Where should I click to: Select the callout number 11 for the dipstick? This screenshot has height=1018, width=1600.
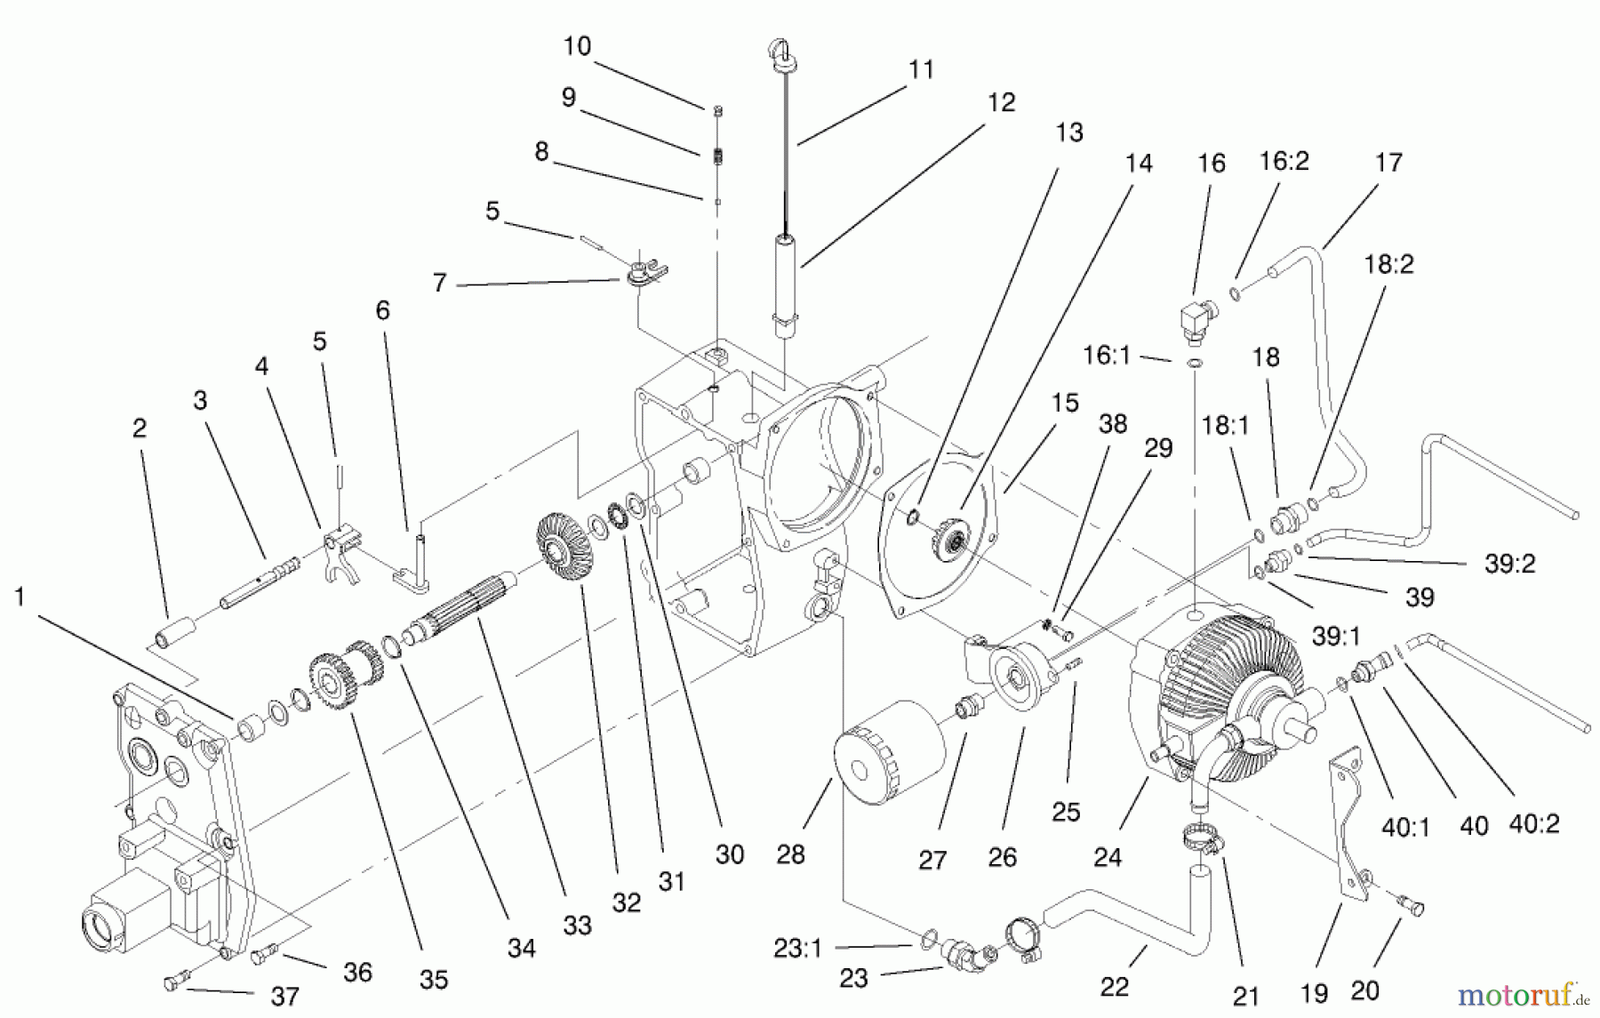point(921,69)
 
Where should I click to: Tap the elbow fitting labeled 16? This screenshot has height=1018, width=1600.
point(1196,321)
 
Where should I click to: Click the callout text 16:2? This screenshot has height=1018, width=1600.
point(1284,162)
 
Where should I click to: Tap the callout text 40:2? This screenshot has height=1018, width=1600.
point(1533,824)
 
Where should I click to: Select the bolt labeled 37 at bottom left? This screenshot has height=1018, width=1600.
point(173,982)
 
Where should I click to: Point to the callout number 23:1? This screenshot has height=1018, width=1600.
point(797,949)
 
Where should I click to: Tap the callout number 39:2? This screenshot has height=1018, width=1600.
point(1509,564)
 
